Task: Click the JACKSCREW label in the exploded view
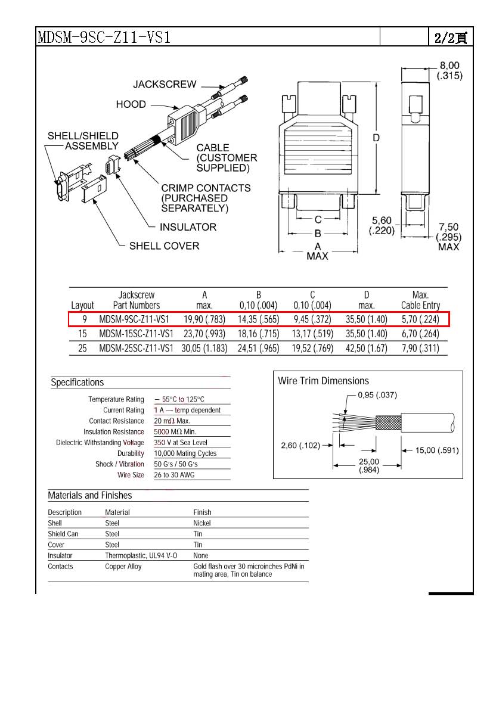(x=165, y=85)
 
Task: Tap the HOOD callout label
(x=131, y=104)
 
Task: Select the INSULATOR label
(x=188, y=227)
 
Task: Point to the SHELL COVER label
(x=164, y=246)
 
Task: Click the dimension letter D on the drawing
(x=376, y=138)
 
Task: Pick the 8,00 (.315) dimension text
(x=449, y=70)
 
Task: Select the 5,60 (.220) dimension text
(x=382, y=226)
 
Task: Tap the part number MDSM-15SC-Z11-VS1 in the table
(x=136, y=334)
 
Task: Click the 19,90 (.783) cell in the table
(x=204, y=319)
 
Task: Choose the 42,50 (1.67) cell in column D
(x=366, y=349)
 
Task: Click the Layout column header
(x=82, y=306)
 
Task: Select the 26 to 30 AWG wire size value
(x=174, y=475)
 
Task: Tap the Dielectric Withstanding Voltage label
(x=100, y=443)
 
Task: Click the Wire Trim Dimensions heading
(x=324, y=381)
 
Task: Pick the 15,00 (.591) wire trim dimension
(x=437, y=450)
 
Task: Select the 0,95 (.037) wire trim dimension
(x=377, y=395)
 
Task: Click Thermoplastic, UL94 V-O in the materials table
(x=141, y=555)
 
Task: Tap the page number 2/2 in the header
(x=450, y=38)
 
